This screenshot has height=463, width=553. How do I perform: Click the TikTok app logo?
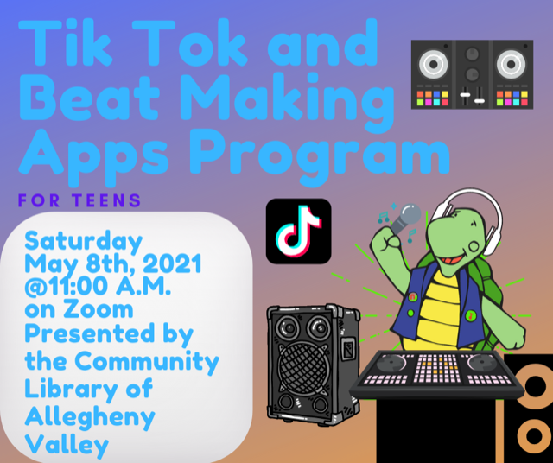(x=298, y=231)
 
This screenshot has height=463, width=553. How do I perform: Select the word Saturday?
(x=83, y=243)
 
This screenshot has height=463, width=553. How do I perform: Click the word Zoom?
(x=99, y=309)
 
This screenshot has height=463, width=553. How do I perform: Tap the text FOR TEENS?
(x=79, y=200)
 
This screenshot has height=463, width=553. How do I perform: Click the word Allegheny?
(x=90, y=417)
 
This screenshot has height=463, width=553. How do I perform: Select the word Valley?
(x=67, y=445)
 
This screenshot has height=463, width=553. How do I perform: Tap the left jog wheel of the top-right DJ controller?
(x=433, y=65)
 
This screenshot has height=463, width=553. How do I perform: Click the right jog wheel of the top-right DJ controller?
(x=511, y=65)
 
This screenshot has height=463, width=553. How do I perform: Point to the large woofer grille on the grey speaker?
(x=303, y=367)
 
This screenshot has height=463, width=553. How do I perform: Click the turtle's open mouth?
(x=454, y=260)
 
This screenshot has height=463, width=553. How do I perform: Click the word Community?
(x=147, y=361)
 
